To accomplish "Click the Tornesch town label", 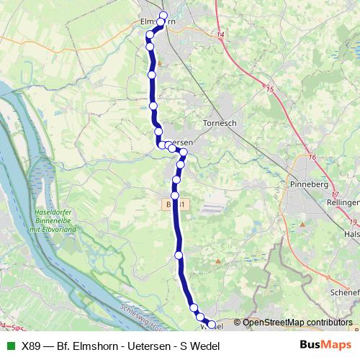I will click(x=220, y=122).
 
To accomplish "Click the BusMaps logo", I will click(x=325, y=346).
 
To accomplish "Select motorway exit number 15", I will click(x=270, y=89).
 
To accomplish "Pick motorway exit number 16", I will click(x=312, y=157).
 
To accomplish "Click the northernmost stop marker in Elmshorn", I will click(x=163, y=16).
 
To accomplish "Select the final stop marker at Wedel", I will click(x=211, y=325).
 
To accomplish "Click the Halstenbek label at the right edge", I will click(x=352, y=234).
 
